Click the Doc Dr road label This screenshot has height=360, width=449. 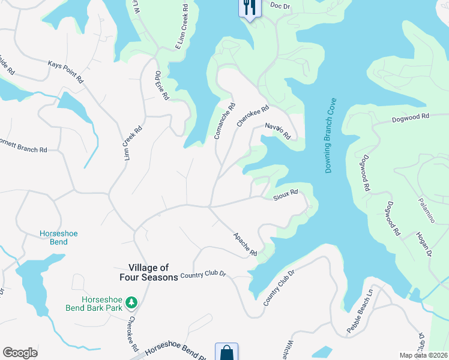[x=280, y=5]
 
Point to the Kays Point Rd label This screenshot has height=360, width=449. [x=65, y=71]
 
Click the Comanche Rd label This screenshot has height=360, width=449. [x=224, y=120]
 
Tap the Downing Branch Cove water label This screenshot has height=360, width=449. [x=332, y=136]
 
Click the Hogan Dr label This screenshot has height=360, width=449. [x=423, y=245]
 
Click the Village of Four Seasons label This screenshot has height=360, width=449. [x=153, y=272]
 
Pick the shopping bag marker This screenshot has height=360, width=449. [x=226, y=352]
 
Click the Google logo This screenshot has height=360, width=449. [x=20, y=353]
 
